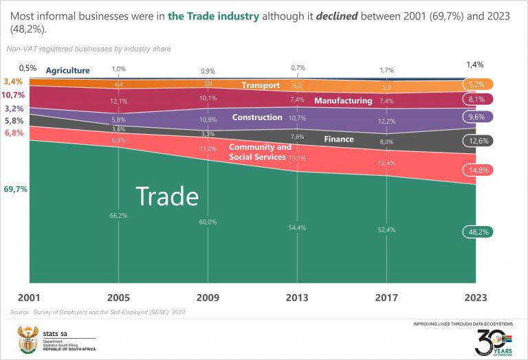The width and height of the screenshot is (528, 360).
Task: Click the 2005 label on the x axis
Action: [x=119, y=298]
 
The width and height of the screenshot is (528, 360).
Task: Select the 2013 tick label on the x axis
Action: [x=297, y=298]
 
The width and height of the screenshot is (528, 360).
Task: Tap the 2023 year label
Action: [x=474, y=298]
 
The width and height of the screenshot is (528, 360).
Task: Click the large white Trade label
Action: [x=167, y=196]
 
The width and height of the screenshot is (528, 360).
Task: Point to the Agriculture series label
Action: [x=67, y=70]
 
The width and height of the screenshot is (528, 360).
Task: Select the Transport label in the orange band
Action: [x=261, y=85]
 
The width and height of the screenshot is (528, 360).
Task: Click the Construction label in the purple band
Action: [x=257, y=117]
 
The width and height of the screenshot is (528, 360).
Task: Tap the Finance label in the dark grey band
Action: [x=339, y=139]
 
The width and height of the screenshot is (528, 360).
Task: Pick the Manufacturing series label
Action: [x=343, y=101]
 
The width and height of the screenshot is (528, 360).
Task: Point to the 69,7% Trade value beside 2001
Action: [x=15, y=189]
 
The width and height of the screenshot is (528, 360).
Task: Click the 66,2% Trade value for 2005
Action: [x=119, y=215]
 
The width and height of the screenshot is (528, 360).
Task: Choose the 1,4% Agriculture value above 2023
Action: [x=474, y=65]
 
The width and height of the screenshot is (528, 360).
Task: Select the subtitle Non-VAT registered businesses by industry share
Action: [x=89, y=49]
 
